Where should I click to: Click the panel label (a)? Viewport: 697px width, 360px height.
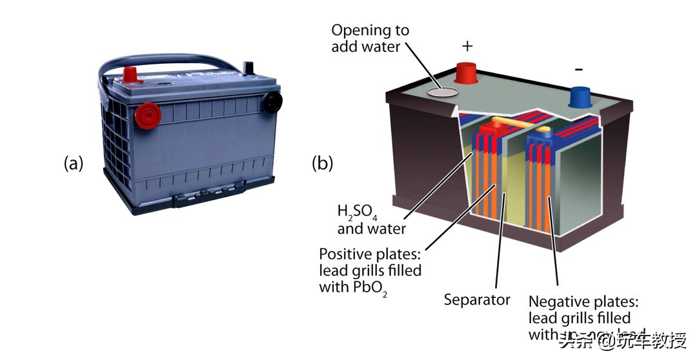click(74, 164)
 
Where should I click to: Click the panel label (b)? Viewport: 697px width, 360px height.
click(322, 164)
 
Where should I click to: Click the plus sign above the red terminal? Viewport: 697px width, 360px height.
click(468, 46)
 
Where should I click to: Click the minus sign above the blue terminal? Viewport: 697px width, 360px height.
click(579, 68)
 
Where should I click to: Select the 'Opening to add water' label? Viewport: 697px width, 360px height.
click(370, 39)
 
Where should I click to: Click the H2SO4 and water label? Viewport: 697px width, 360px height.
click(372, 220)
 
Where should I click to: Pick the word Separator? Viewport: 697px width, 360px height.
click(477, 299)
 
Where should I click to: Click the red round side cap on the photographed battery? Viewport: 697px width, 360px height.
click(147, 116)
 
